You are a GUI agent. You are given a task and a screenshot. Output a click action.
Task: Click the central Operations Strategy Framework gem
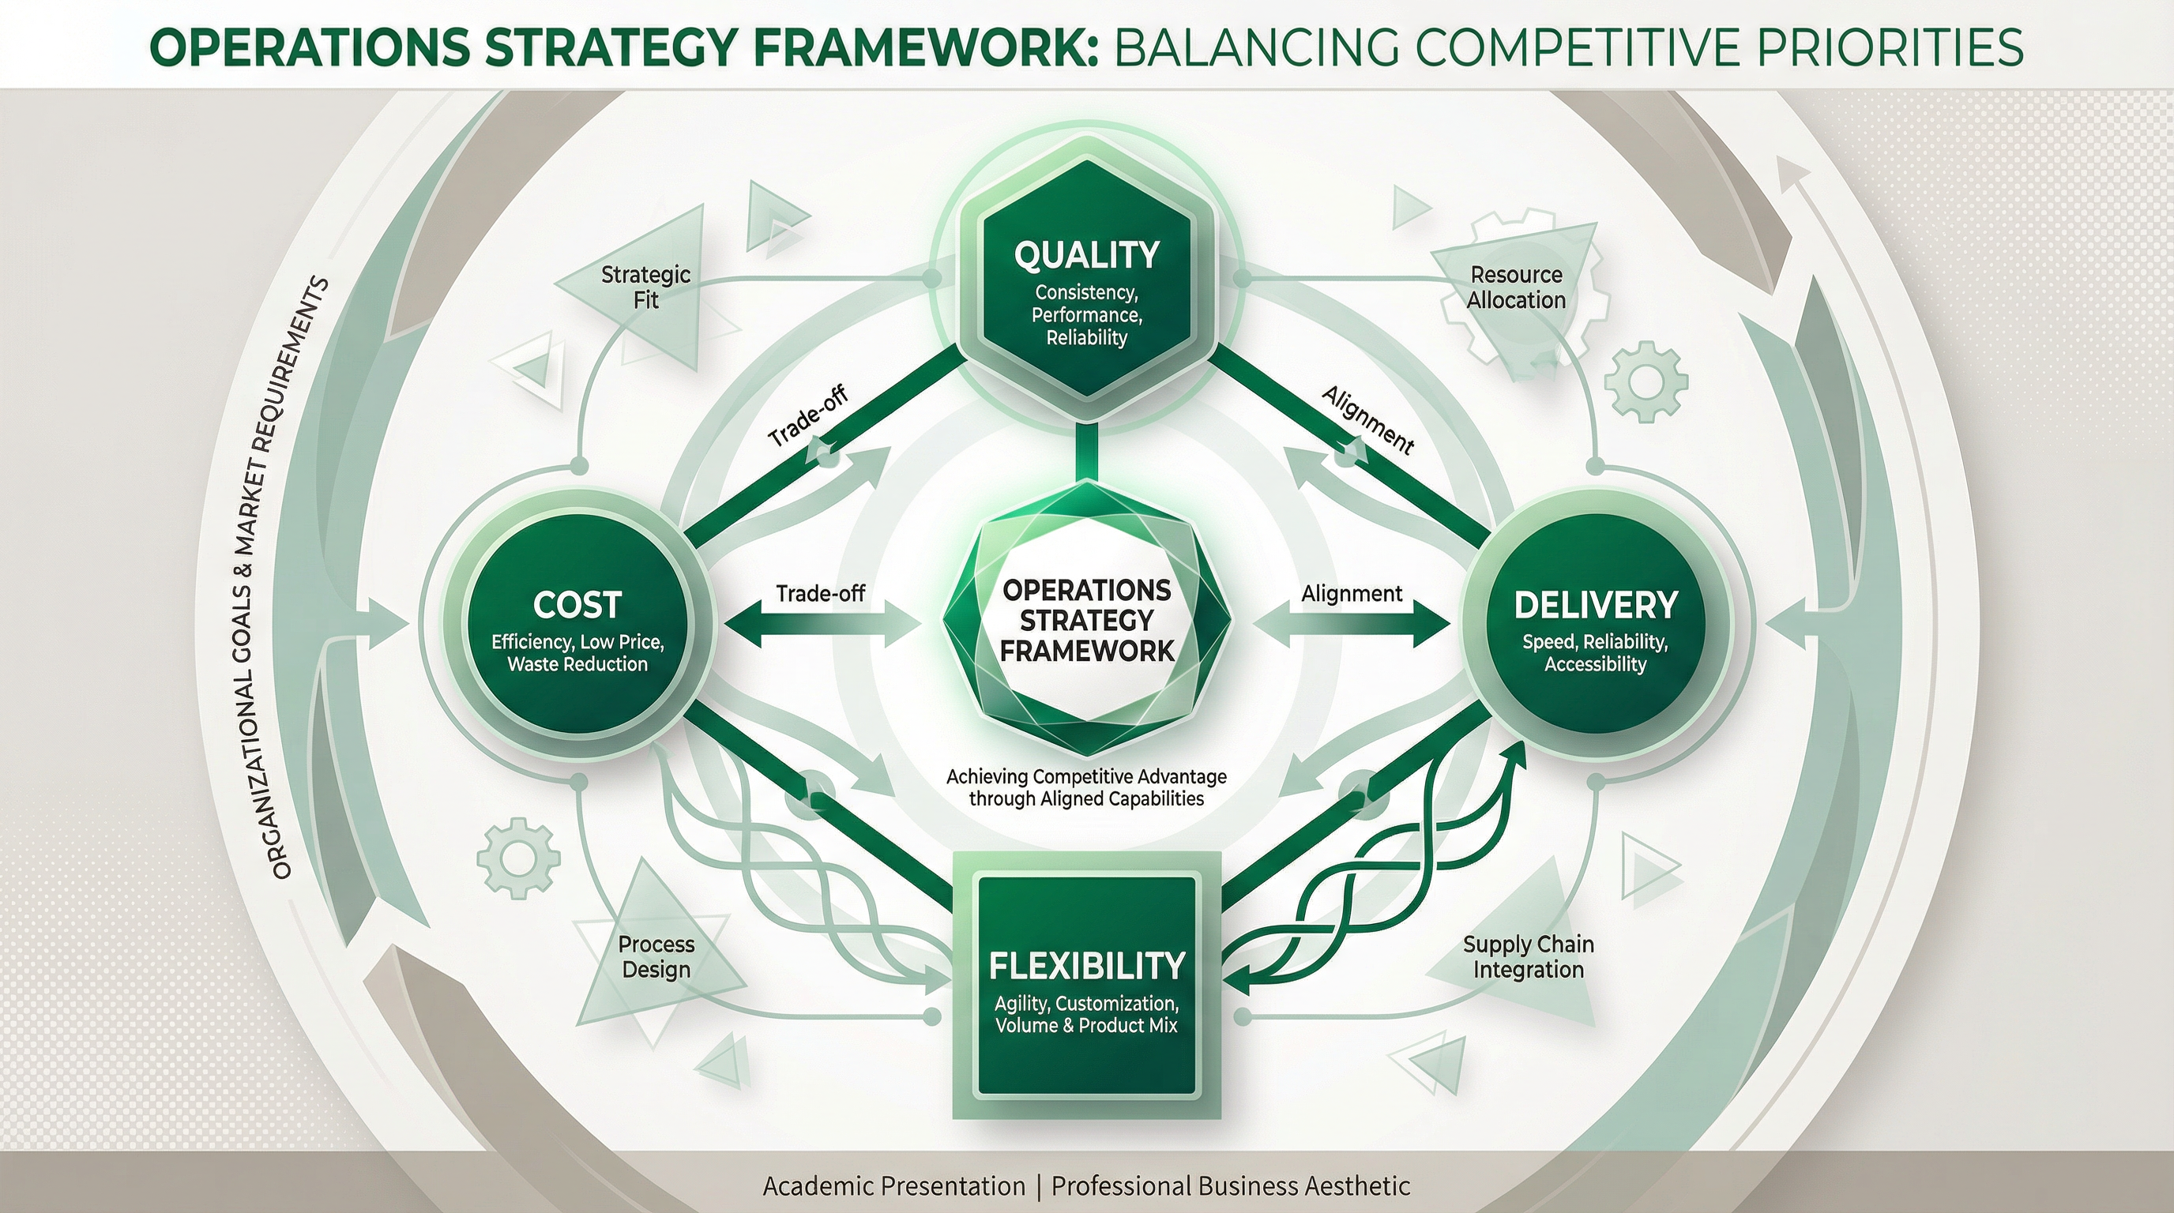point(1086,620)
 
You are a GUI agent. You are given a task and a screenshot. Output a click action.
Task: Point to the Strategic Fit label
point(645,287)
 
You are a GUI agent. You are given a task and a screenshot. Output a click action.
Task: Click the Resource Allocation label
point(1516,287)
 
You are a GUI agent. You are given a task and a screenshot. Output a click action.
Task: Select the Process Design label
point(656,956)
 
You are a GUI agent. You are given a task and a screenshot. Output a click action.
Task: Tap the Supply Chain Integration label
point(1528,956)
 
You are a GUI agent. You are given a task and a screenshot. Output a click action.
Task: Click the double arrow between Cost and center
point(820,629)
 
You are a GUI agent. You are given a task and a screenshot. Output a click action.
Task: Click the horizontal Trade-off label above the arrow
point(820,594)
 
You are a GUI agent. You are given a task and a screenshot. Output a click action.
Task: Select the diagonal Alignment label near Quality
point(1367,419)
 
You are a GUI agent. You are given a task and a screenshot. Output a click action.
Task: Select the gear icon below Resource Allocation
point(1645,381)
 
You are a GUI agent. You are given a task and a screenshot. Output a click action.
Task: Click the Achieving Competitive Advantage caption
point(1086,787)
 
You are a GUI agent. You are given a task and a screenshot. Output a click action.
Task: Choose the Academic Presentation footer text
point(893,1186)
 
